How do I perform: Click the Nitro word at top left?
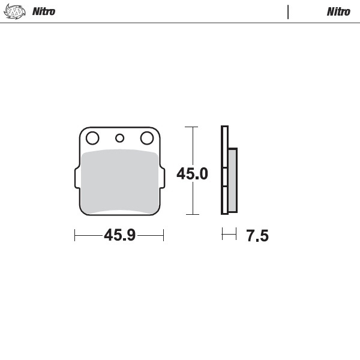coord(44,11)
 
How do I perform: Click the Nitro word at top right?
coord(338,11)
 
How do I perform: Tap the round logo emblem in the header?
coord(15,11)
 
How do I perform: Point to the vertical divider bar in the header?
coord(288,11)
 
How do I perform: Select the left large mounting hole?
coord(92,139)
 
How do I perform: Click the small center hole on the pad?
coord(119,138)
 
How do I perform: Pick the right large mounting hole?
coord(146,139)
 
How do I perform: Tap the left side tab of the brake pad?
coord(77,178)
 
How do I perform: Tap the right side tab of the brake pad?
coord(162,178)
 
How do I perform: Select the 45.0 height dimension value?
coord(192,174)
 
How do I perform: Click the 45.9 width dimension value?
coord(119,236)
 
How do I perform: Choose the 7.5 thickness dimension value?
coord(257,236)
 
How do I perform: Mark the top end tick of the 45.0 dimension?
coord(192,127)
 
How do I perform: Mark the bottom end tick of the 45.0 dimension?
coord(192,214)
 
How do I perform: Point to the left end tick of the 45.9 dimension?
coord(74,236)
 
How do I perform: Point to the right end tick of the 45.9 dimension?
coord(163,236)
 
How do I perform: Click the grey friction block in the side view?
coord(233,180)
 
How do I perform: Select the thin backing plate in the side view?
coord(224,170)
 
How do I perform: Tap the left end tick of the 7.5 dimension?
coord(222,234)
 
